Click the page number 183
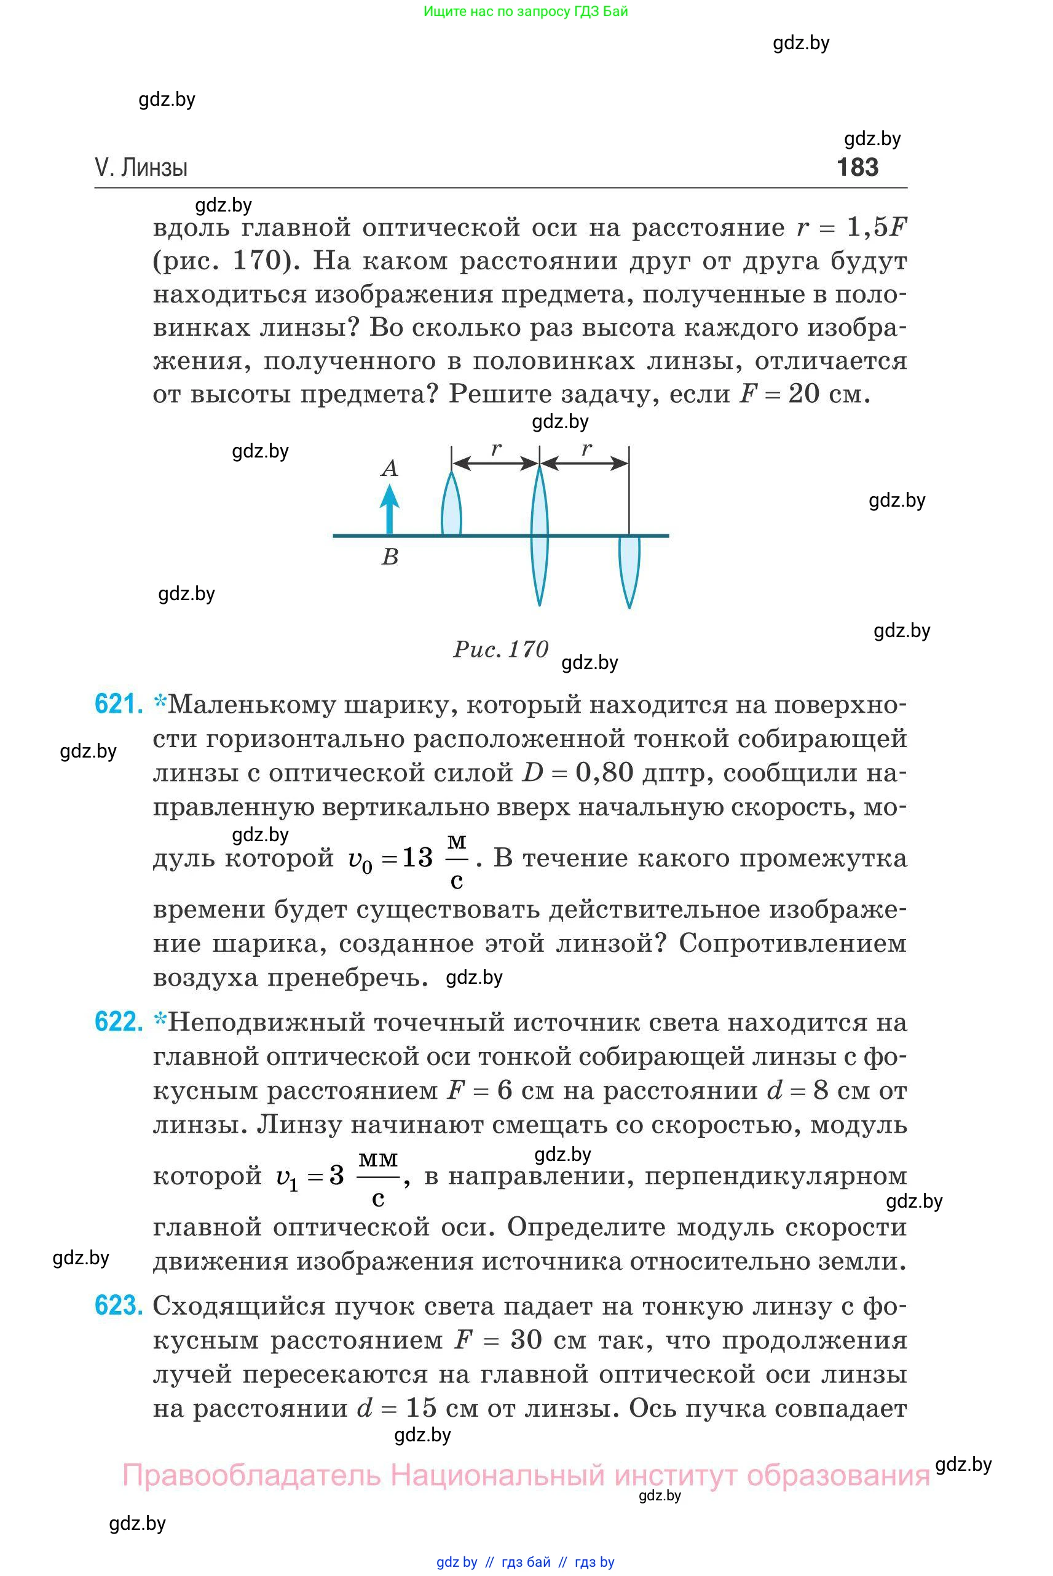point(857,167)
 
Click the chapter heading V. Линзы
point(141,167)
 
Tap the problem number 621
point(118,704)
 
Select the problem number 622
point(118,1022)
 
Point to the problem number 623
point(118,1305)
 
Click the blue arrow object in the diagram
point(390,509)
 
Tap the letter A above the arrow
point(390,468)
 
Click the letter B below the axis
point(390,557)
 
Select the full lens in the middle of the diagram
point(539,536)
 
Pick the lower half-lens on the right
point(629,568)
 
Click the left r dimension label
point(495,448)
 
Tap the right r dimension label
point(586,448)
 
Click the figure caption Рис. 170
point(501,649)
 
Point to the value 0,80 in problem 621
point(604,772)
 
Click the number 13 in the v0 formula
point(417,857)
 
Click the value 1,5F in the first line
point(877,228)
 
